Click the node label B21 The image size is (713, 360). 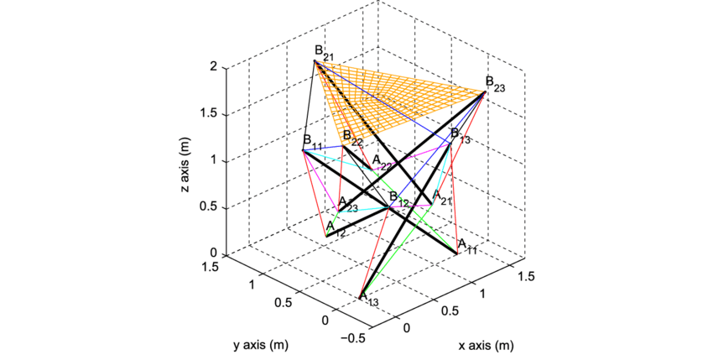[x=324, y=54]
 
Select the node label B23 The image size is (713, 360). [x=495, y=84]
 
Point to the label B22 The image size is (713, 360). [x=352, y=138]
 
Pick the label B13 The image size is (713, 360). [x=461, y=135]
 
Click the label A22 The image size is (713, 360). [x=383, y=162]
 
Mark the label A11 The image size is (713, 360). [x=467, y=246]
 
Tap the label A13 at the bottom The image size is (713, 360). [x=368, y=300]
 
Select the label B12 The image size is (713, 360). [x=398, y=200]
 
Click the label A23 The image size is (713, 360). [x=347, y=206]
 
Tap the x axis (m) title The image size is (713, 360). [x=487, y=345]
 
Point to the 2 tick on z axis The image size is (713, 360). [x=215, y=66]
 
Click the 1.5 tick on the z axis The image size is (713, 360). [x=210, y=113]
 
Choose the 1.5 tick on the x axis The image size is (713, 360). [x=526, y=276]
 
